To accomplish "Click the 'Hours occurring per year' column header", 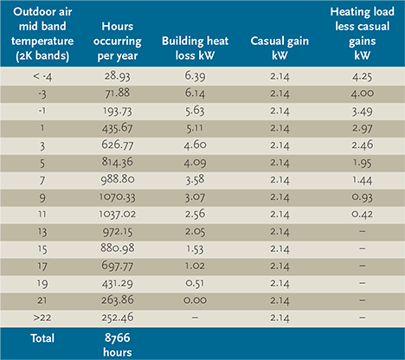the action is (x=118, y=41).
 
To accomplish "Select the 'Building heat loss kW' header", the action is (x=195, y=48).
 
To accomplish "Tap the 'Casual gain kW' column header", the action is (x=280, y=48).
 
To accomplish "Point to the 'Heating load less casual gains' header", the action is (x=363, y=34).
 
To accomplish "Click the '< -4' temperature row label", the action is (x=42, y=76).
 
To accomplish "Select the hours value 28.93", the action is (x=118, y=76).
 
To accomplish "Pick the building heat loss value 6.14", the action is (x=195, y=93).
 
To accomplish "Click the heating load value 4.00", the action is (x=363, y=93).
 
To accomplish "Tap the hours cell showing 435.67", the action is (x=118, y=128).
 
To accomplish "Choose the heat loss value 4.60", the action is (x=195, y=145).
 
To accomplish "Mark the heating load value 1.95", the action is (x=363, y=163).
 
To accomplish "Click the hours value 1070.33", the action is (x=118, y=197).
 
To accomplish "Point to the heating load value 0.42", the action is (x=363, y=214).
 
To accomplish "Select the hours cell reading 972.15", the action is (x=118, y=232).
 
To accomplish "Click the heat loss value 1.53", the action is (x=195, y=249).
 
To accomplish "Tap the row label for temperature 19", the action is (x=42, y=284).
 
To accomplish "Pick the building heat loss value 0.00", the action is (x=195, y=300).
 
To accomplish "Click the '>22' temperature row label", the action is (x=42, y=318).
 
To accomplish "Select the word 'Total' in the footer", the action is (x=42, y=338).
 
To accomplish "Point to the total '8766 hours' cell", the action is (x=118, y=345).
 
